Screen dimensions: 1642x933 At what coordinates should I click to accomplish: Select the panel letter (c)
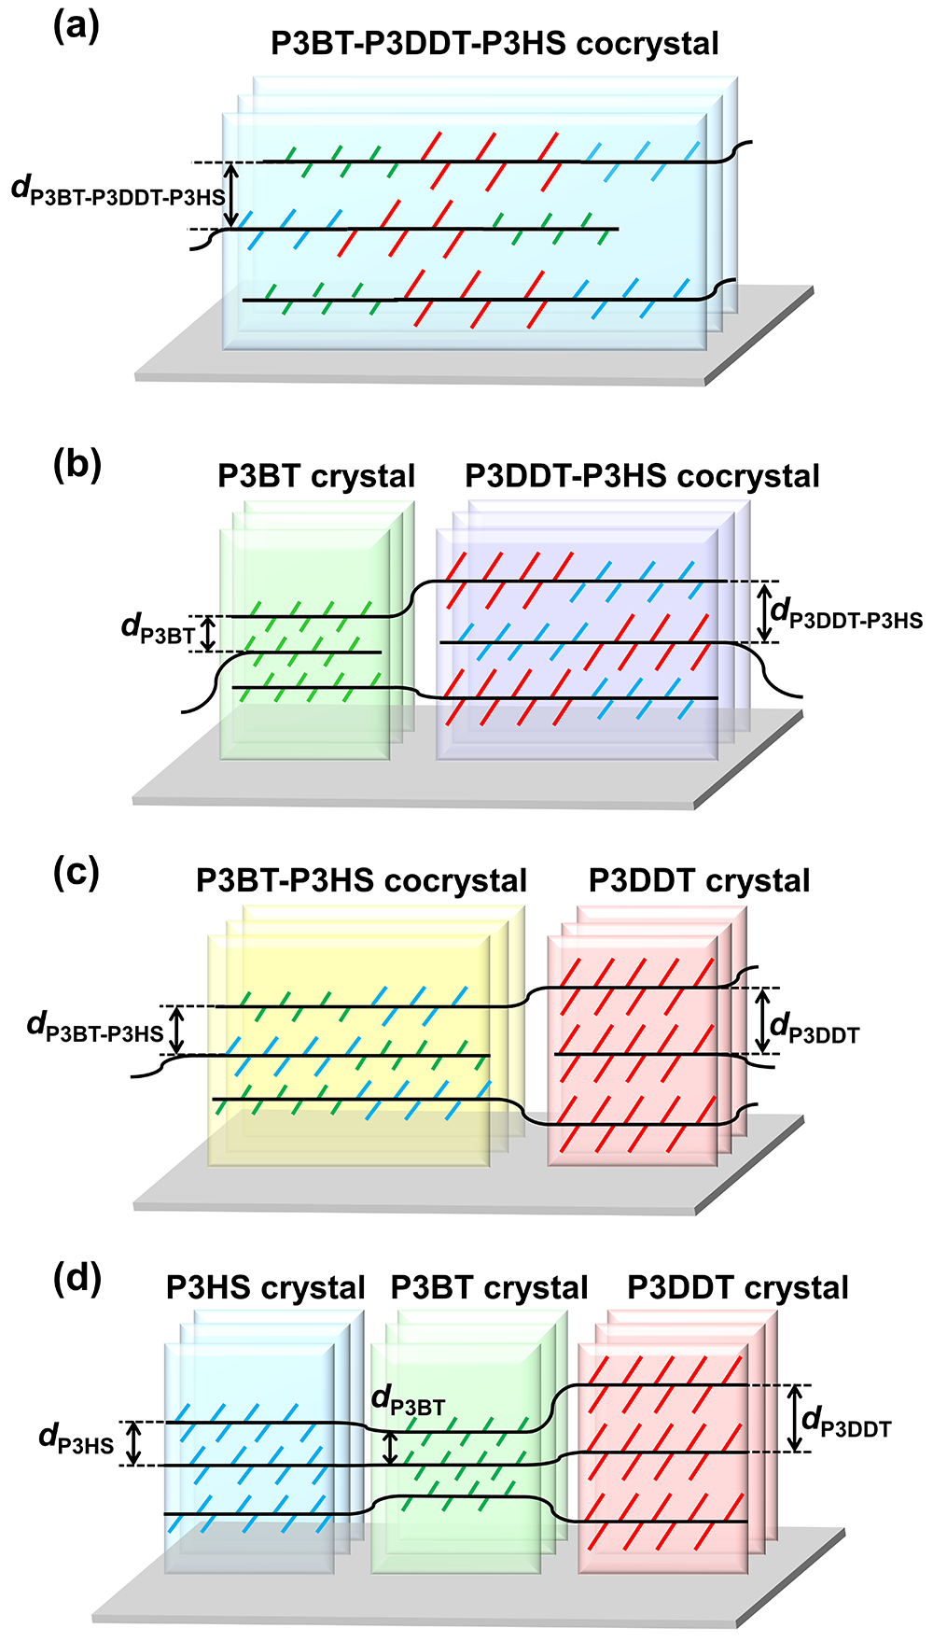76,872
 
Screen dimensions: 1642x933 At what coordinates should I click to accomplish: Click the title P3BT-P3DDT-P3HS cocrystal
494,44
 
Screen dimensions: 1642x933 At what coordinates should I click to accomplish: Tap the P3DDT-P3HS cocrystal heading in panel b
642,476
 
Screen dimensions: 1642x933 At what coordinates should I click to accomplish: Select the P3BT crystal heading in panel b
316,476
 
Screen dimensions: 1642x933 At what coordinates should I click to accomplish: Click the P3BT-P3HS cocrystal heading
361,881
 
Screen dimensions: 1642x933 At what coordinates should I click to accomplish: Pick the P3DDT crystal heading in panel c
700,881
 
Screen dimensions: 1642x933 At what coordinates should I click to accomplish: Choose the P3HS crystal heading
265,1288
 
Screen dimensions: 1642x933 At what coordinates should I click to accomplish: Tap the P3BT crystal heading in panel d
489,1288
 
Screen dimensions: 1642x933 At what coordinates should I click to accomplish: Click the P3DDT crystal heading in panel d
738,1288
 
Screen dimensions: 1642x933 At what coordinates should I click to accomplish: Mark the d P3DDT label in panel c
815,1030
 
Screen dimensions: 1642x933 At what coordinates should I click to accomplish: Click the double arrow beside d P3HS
134,1443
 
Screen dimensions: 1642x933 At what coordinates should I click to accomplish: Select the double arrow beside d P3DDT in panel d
794,1418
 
